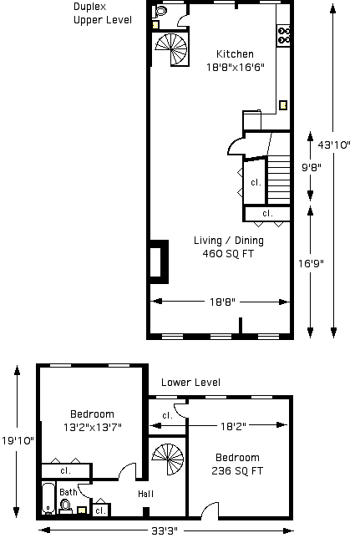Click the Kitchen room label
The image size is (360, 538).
(235, 53)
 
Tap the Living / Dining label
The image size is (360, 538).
(229, 241)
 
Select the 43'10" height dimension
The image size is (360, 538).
(334, 145)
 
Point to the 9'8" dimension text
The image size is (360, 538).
(312, 167)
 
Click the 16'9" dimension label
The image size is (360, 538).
(311, 263)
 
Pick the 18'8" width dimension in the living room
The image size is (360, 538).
(222, 302)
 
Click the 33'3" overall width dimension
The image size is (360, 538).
(165, 531)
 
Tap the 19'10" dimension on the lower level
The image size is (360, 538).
(18, 440)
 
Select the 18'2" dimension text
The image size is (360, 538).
(233, 426)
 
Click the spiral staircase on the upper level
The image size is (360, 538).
(171, 48)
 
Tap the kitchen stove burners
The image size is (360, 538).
(284, 36)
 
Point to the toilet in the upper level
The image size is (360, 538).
(160, 12)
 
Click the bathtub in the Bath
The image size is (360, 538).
(48, 499)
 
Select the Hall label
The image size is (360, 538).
(145, 494)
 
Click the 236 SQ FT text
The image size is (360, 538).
(237, 471)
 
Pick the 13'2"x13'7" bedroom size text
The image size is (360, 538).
(93, 428)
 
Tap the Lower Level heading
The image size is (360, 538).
(190, 383)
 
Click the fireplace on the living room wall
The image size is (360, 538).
(159, 262)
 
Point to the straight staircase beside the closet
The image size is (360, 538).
(279, 180)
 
